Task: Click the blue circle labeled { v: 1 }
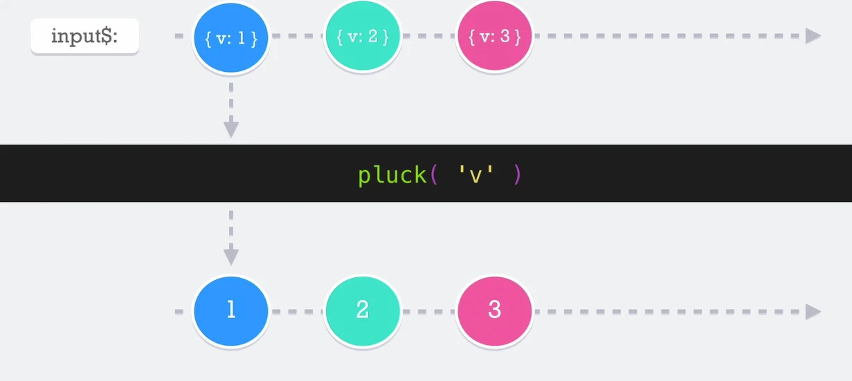pyautogui.click(x=231, y=37)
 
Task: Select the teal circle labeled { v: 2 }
pyautogui.click(x=363, y=36)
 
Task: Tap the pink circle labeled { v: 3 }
pyautogui.click(x=494, y=36)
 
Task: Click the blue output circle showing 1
pyautogui.click(x=231, y=311)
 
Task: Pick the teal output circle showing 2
pyautogui.click(x=363, y=311)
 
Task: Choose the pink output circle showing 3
pyautogui.click(x=494, y=311)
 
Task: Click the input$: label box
pyautogui.click(x=85, y=36)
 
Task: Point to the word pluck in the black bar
pyautogui.click(x=392, y=176)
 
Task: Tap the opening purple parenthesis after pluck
pyautogui.click(x=434, y=175)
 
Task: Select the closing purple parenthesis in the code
pyautogui.click(x=517, y=175)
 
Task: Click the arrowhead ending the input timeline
pyautogui.click(x=813, y=36)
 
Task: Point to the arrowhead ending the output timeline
pyautogui.click(x=813, y=312)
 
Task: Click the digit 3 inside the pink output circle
pyautogui.click(x=494, y=309)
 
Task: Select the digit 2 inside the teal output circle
pyautogui.click(x=363, y=309)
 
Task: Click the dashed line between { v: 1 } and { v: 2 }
pyautogui.click(x=297, y=36)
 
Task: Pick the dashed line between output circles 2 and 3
pyautogui.click(x=429, y=312)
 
